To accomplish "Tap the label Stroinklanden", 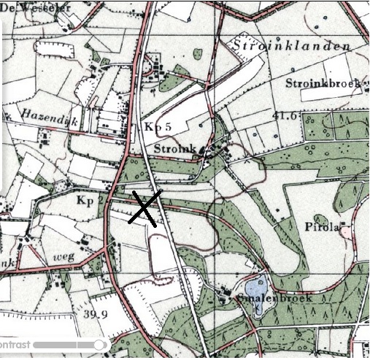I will click(x=291, y=45).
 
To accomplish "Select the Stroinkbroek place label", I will click(x=324, y=83).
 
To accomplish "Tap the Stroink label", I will click(x=174, y=149).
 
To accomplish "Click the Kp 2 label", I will click(x=86, y=199).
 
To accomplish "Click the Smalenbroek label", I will click(x=274, y=299).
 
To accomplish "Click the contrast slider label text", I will click(x=15, y=344).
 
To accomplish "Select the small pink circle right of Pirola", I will click(x=345, y=229).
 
